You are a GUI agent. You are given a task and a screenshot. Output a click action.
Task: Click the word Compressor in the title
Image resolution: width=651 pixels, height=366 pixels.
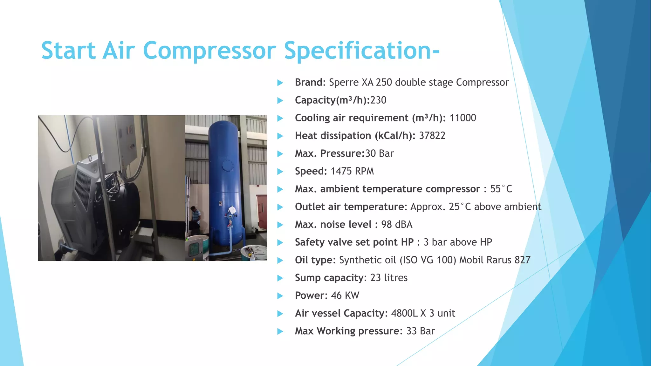coord(209,51)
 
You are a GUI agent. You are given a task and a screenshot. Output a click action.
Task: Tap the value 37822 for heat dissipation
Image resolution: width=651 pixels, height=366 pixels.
coord(432,136)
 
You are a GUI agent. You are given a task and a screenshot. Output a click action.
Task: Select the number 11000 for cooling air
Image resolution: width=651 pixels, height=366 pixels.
coord(463,118)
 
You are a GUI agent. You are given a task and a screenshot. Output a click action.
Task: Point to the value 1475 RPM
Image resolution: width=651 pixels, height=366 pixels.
coord(352,171)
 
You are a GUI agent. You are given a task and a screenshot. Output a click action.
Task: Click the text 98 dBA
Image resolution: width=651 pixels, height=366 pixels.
coord(396,225)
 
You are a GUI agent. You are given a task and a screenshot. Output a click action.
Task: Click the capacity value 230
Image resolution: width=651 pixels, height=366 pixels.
coord(378,100)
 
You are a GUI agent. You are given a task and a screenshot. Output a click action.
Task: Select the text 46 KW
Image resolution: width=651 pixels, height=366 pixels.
coord(345,295)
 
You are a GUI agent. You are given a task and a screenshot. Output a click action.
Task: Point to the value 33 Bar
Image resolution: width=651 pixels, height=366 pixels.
coord(420,331)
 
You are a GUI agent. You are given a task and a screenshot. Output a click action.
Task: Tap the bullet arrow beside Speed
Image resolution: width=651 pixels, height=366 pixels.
coord(280,172)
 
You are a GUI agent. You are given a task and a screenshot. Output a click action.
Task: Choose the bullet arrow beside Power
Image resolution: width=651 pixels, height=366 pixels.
coord(280,296)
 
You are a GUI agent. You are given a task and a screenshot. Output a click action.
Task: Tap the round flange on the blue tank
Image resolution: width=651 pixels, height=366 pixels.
coord(228,166)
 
